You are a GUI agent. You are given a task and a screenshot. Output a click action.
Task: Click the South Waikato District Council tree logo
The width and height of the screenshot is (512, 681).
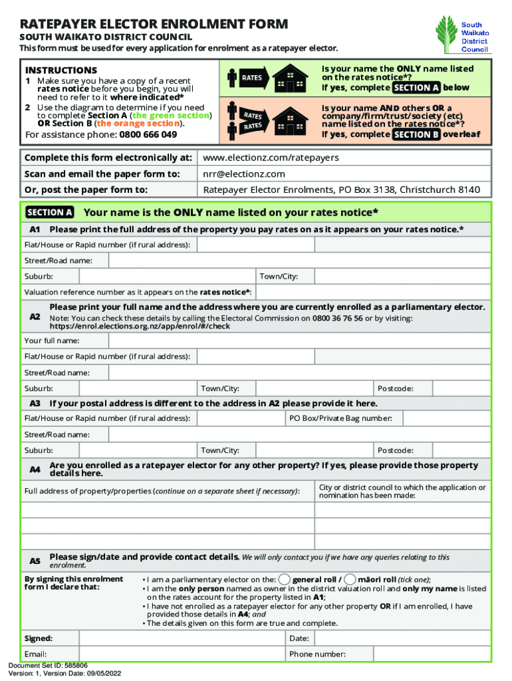(446, 35)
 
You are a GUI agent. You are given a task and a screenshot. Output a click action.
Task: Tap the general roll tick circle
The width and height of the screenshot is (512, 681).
(284, 579)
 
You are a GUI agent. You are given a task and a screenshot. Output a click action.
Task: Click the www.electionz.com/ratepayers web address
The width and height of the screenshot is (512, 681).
(271, 158)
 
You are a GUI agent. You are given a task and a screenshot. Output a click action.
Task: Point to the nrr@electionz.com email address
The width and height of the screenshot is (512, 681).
(244, 174)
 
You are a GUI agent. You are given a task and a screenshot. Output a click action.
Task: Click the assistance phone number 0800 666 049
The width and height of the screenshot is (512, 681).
(148, 134)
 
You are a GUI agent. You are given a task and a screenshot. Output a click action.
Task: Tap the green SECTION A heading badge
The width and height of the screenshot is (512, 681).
(49, 213)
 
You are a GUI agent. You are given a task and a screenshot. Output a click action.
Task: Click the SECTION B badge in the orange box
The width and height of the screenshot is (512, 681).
(416, 134)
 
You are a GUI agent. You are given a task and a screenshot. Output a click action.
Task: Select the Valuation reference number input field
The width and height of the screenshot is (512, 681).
(373, 292)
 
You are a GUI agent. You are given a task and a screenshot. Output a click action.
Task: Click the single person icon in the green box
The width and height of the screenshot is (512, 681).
(232, 78)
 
